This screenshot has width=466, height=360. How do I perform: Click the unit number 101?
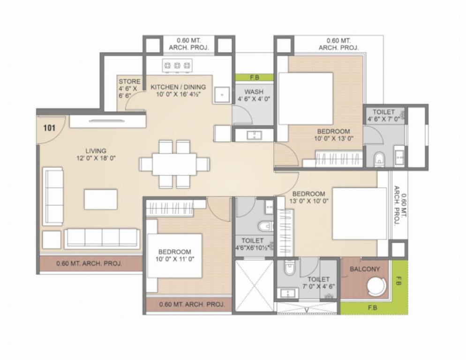[49, 128]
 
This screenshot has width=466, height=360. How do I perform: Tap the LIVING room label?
[96, 150]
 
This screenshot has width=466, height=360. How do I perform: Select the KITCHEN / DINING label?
[178, 87]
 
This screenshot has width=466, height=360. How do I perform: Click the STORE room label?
[129, 82]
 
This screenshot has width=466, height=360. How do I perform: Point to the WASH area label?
[254, 92]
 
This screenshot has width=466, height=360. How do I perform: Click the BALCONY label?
[365, 269]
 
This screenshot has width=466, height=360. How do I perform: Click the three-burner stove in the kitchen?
[177, 66]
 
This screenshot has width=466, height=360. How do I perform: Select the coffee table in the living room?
[101, 199]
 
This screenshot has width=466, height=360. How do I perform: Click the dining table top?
[174, 164]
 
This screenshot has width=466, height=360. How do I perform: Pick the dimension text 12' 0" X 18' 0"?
[96, 158]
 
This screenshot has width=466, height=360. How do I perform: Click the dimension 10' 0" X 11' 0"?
[174, 259]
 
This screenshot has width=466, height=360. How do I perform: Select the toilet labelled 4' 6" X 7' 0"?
[383, 112]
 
